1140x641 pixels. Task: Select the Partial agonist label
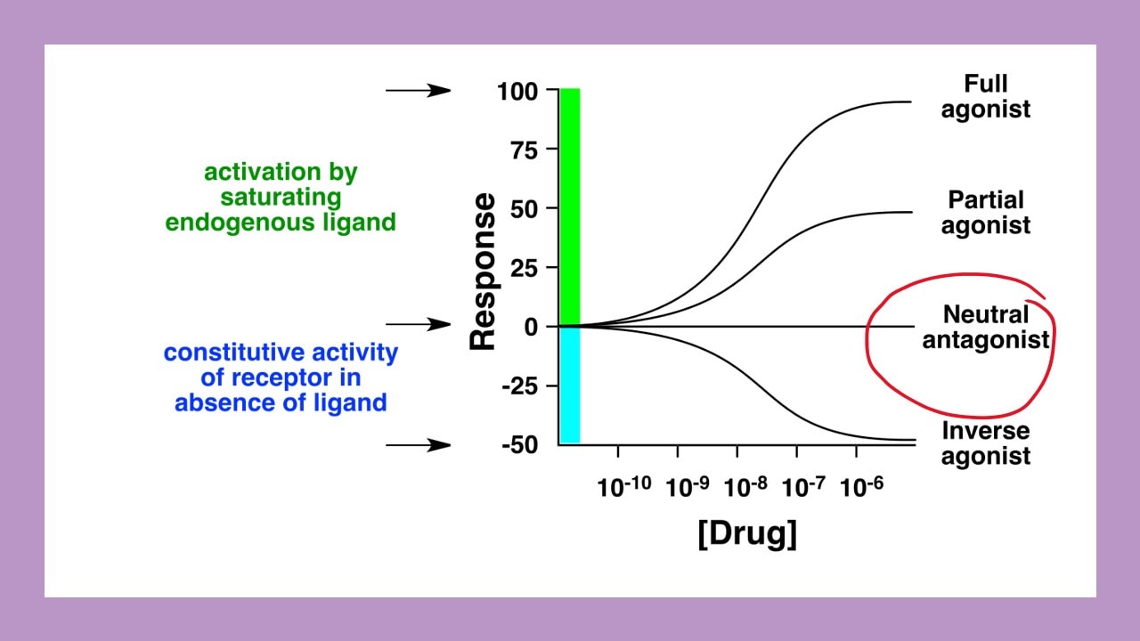click(986, 212)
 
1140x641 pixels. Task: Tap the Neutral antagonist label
click(986, 327)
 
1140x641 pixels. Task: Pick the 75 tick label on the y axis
click(523, 150)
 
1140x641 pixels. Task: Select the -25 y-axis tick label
click(518, 386)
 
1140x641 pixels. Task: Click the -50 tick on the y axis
click(518, 445)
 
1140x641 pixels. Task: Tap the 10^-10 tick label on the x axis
click(624, 486)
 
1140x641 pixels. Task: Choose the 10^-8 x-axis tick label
click(745, 486)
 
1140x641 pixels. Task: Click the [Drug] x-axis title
click(746, 534)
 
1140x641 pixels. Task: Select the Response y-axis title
click(483, 272)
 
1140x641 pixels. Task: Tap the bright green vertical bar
click(569, 205)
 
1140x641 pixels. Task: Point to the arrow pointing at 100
click(419, 90)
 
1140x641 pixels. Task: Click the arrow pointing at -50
click(419, 444)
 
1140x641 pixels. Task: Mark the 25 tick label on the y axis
click(523, 268)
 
